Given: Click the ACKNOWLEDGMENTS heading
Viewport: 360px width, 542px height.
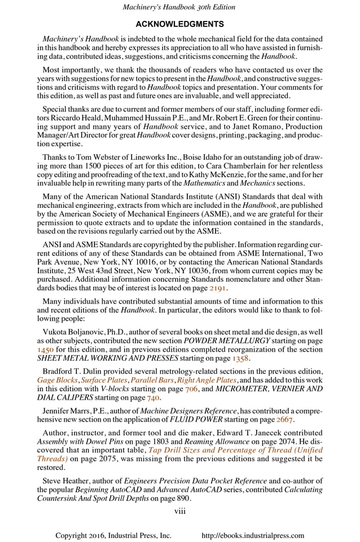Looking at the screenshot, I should pos(180,24).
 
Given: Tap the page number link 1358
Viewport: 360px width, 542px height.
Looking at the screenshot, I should pos(239,358).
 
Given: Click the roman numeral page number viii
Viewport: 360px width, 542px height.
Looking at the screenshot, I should pos(180,511).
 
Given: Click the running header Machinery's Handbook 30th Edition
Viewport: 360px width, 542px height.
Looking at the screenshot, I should pos(180,7).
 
